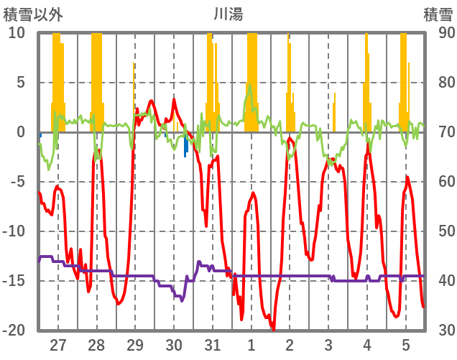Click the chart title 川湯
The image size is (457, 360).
(228, 14)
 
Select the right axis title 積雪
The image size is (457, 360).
(438, 14)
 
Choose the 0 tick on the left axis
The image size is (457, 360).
(21, 132)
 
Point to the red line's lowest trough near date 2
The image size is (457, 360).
(273, 328)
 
